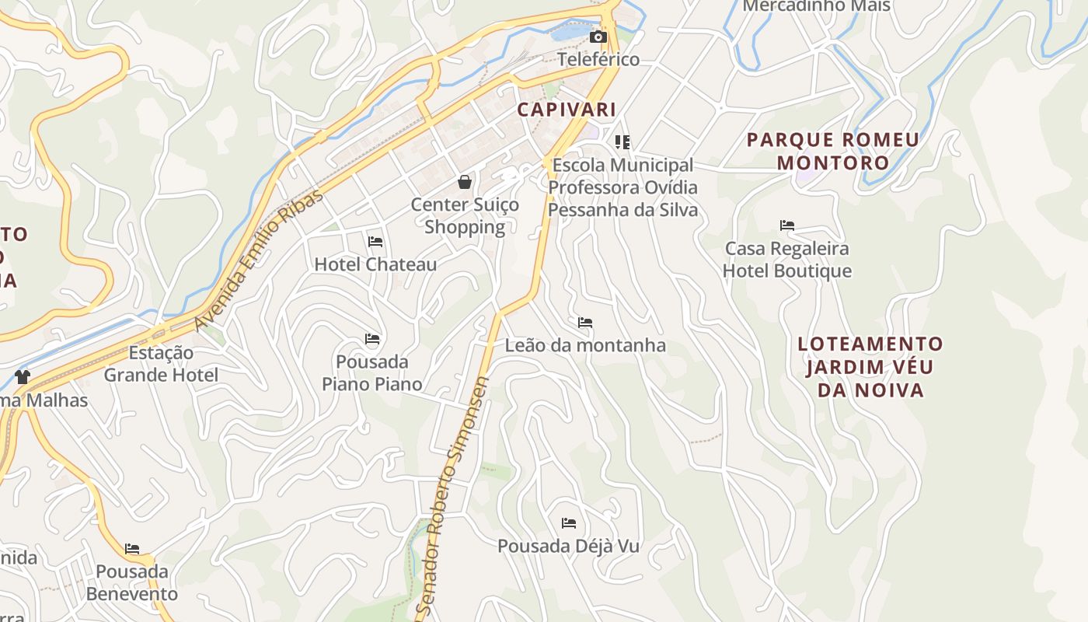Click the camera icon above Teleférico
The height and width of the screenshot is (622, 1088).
598,37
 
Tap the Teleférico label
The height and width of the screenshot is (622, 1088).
598,59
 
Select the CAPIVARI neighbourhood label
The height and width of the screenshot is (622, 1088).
567,110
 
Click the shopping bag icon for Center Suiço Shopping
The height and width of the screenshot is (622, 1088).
465,182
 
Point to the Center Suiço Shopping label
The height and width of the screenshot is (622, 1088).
465,215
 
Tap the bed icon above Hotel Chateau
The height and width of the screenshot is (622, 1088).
375,242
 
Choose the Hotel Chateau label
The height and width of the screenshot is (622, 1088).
375,264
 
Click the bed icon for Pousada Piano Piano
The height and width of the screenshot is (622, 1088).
372,339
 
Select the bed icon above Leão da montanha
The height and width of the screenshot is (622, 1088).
585,323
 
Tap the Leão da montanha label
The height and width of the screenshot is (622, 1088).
585,345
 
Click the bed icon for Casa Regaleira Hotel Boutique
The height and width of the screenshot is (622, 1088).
787,226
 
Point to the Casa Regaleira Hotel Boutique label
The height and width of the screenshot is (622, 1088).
787,260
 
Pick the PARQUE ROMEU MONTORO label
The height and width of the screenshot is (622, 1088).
833,152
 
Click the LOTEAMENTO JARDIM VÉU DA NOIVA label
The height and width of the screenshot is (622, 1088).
870,367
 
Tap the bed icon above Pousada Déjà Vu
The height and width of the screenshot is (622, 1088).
569,523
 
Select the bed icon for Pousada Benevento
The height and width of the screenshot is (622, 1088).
132,549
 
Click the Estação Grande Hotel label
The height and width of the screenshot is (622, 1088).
161,364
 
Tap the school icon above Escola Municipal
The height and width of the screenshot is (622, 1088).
622,142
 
